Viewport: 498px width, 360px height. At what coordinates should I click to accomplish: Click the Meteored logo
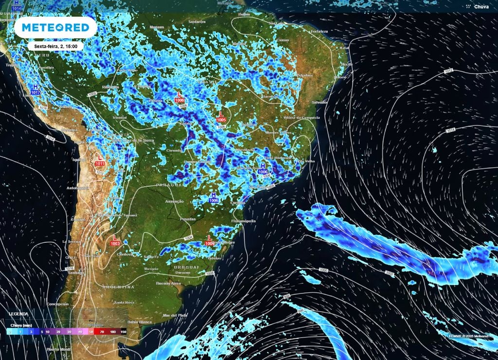(x=53, y=28)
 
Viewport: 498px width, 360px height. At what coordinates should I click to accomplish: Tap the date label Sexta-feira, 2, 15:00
(x=55, y=46)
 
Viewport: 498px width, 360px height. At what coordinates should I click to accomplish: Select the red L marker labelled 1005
(x=221, y=117)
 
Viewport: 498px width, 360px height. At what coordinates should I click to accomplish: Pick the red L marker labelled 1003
(x=115, y=240)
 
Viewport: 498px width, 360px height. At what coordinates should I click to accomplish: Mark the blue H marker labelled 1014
(x=17, y=6)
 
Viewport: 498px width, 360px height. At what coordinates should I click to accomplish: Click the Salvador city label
(x=320, y=102)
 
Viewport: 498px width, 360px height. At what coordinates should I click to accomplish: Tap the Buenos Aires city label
(x=169, y=283)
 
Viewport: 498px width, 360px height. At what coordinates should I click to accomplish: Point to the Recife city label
(x=347, y=64)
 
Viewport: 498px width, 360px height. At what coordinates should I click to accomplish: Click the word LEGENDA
(x=18, y=314)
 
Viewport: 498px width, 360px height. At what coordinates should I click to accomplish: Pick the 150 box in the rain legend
(x=123, y=331)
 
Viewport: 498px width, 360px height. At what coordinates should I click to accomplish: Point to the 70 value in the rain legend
(x=102, y=331)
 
